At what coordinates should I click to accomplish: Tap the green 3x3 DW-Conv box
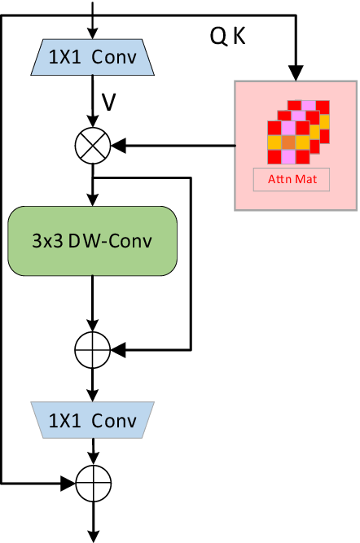tap(92, 242)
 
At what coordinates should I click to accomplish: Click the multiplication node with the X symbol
tap(92, 147)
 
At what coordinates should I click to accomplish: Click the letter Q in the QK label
tap(217, 37)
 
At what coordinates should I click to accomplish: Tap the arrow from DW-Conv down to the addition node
tap(92, 305)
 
